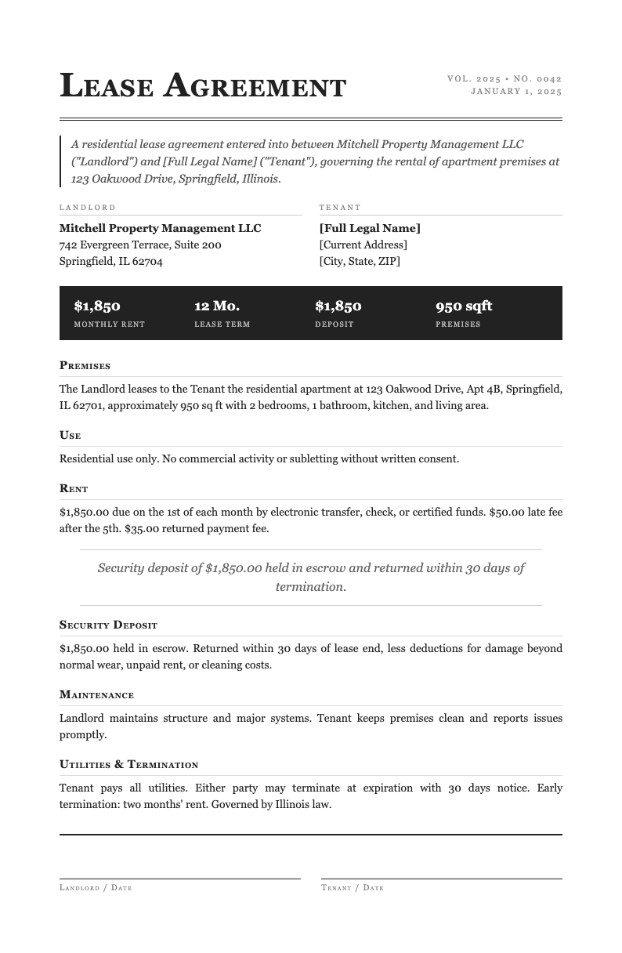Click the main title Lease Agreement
click(x=203, y=86)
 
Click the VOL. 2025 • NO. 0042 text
click(x=504, y=78)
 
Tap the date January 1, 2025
click(x=516, y=91)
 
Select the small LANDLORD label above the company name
click(x=88, y=208)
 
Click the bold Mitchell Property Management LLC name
click(x=160, y=228)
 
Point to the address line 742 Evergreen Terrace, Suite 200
click(x=140, y=245)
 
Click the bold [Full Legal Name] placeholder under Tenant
click(x=370, y=228)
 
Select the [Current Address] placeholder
click(x=363, y=245)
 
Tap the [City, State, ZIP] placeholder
click(x=360, y=261)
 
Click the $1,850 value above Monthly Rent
click(x=97, y=306)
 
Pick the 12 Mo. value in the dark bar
click(x=217, y=306)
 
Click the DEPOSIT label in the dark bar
click(x=335, y=324)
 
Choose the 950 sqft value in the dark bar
click(x=464, y=306)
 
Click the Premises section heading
click(x=85, y=365)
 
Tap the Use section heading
click(x=71, y=435)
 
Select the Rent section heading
click(x=74, y=488)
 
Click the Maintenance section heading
click(x=96, y=694)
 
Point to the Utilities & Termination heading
click(x=128, y=764)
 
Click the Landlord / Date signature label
click(x=96, y=888)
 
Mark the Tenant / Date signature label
click(x=353, y=888)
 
